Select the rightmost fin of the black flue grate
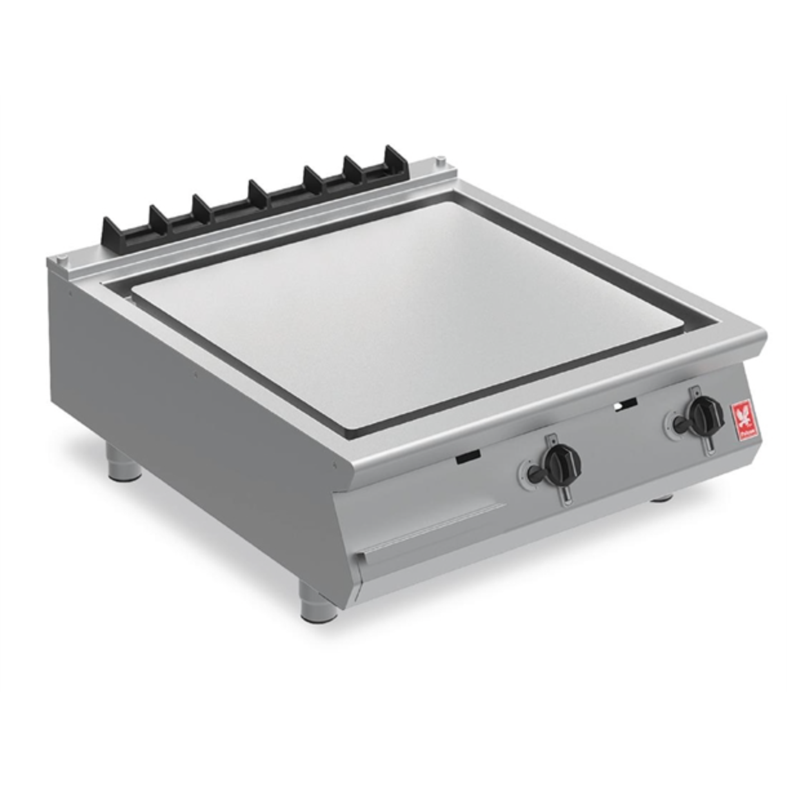[x=393, y=158]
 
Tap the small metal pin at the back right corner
[x=441, y=161]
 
